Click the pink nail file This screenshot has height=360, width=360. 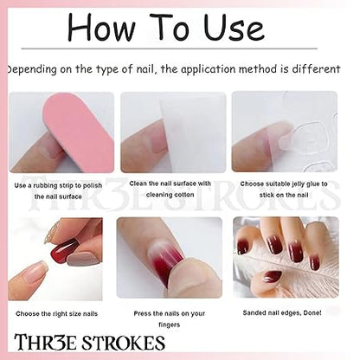(x=79, y=132)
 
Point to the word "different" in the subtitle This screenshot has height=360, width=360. (x=316, y=69)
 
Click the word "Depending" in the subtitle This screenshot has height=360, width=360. (x=32, y=70)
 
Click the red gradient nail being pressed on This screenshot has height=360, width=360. (x=168, y=258)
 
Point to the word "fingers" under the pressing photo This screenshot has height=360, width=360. (x=170, y=325)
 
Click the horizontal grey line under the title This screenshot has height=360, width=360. (x=169, y=48)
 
